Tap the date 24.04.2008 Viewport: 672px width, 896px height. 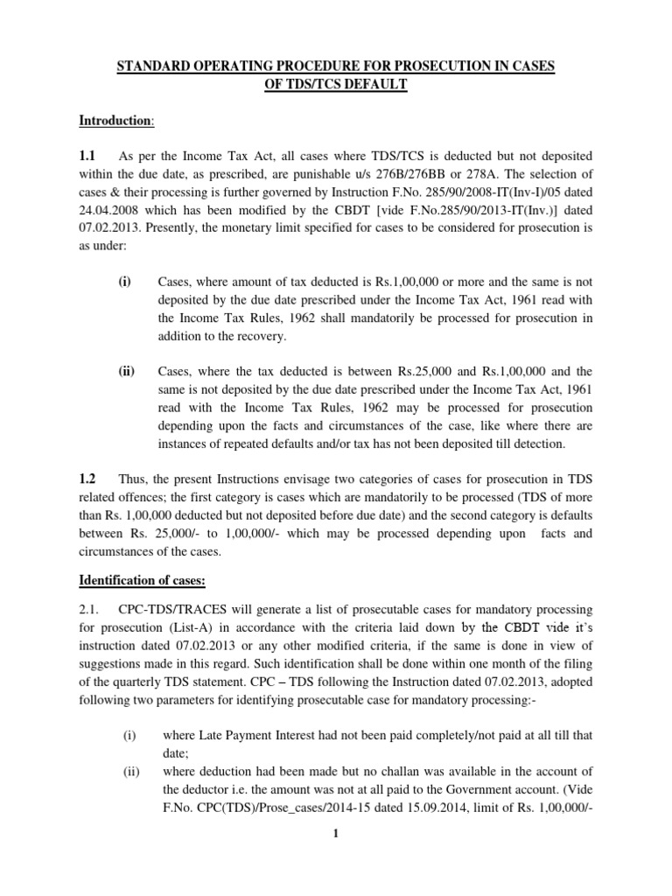coord(111,211)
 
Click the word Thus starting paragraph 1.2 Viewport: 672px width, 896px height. coord(132,479)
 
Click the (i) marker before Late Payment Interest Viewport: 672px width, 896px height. coord(129,736)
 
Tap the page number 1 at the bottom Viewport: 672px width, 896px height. coord(336,834)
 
